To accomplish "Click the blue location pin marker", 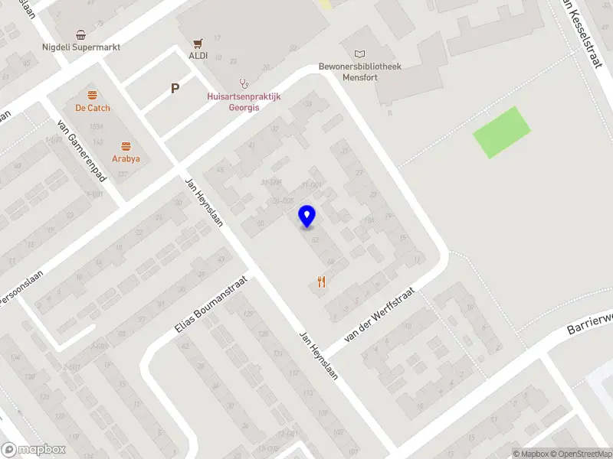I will [x=307, y=216].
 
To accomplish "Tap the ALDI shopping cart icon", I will [x=198, y=43].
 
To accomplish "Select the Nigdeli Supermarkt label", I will [x=81, y=47].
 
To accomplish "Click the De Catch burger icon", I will [x=93, y=95].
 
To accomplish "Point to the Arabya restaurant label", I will [x=126, y=159].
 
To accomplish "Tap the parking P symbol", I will [x=175, y=89].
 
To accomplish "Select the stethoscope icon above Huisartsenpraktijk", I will [x=244, y=83].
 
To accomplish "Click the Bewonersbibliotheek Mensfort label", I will [x=360, y=71].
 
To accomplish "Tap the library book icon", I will [x=360, y=54].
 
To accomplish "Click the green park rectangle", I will [x=501, y=132].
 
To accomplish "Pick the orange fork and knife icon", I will [x=321, y=282].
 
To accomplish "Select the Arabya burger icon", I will [x=126, y=146].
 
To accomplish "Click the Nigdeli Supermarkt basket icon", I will [x=80, y=34].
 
